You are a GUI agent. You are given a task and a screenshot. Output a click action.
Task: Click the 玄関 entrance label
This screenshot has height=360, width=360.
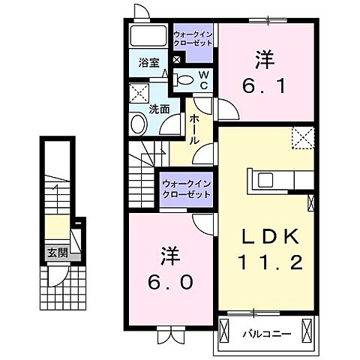(x=55, y=252)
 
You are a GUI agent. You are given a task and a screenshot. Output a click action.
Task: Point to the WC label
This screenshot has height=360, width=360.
(x=202, y=78)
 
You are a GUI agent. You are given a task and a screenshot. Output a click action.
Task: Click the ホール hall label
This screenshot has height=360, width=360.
(x=194, y=128)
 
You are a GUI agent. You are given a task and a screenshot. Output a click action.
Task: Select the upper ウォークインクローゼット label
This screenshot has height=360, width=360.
(x=193, y=40)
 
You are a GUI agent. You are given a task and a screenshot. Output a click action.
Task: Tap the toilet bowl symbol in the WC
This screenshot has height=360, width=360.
(x=184, y=79)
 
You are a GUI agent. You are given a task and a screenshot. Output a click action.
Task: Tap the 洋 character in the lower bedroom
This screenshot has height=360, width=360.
(x=169, y=255)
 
